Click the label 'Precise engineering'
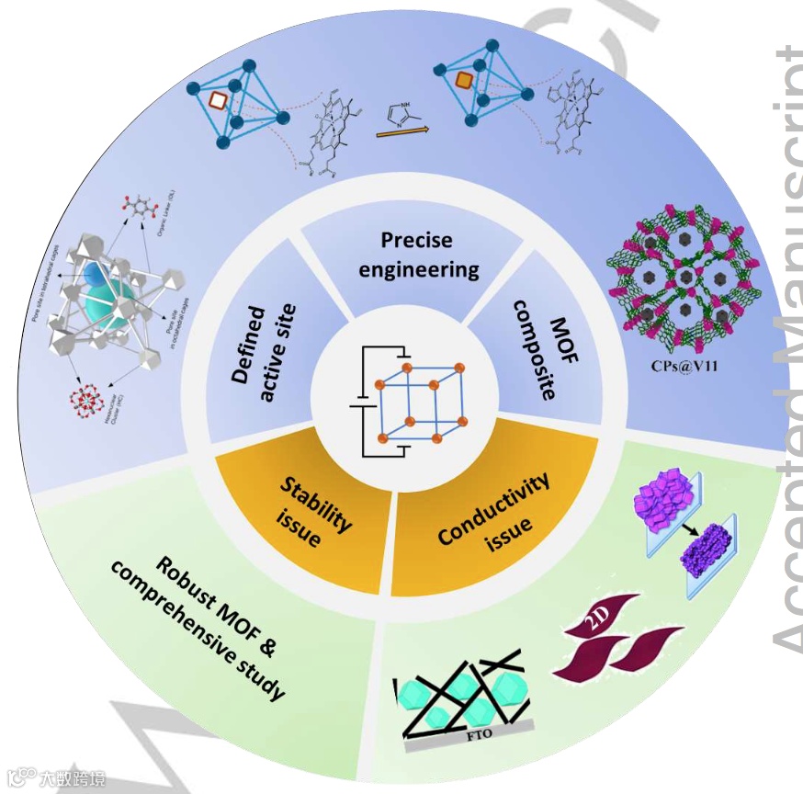418,255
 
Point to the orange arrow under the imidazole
401,132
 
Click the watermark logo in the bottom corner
55,779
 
